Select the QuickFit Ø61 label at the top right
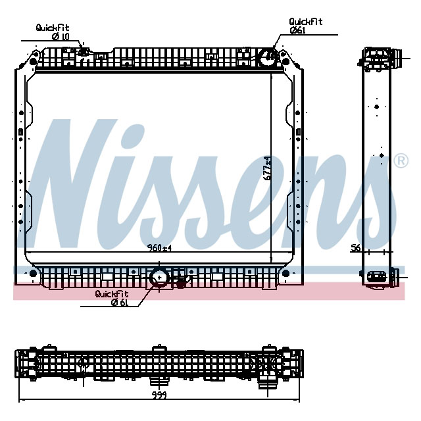[306, 26]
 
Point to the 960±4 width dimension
[159, 248]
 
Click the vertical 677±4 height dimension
[266, 168]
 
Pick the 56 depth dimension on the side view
[356, 247]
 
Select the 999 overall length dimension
[158, 395]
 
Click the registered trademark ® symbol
[399, 161]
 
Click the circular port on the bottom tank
[159, 278]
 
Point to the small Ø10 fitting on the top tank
[84, 52]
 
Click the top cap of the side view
[378, 56]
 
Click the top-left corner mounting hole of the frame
[32, 62]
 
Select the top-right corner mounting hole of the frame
[285, 62]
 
